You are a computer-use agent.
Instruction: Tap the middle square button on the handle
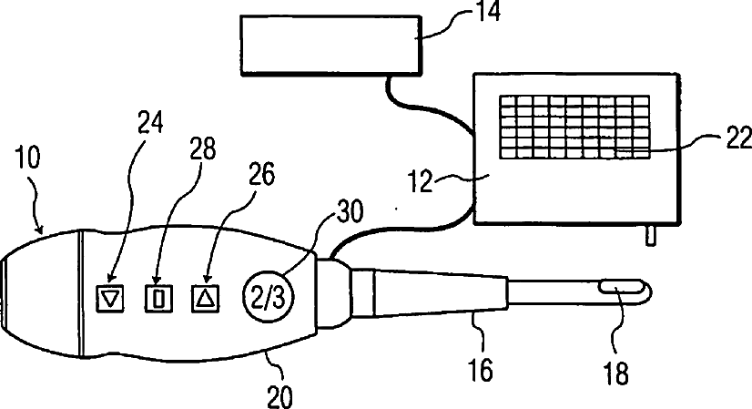tap(159, 296)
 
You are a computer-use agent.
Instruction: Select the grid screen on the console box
tap(574, 128)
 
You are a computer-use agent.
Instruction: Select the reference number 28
tap(202, 150)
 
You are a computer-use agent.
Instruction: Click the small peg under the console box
tap(649, 235)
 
